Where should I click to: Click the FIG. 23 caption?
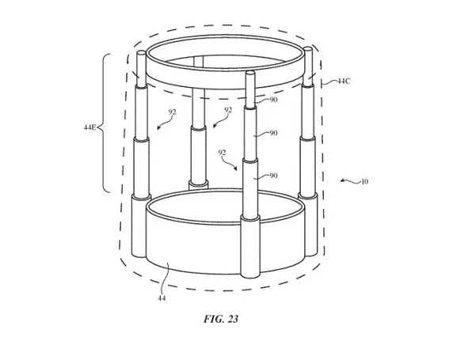pos(221,319)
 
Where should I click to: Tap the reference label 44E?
pos(89,127)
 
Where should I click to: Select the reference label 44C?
pos(344,81)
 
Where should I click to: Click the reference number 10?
pos(364,182)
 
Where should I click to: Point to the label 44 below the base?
pos(162,298)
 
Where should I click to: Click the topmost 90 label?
pos(273,100)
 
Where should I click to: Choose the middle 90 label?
pos(273,133)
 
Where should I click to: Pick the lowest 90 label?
pos(273,176)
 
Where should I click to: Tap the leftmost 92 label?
pos(172,112)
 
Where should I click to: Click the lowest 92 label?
pos(222,153)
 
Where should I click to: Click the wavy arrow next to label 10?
pos(350,181)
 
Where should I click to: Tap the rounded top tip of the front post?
pos(250,73)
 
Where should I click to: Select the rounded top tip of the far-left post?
pos(142,53)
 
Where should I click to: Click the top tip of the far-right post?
pos(308,49)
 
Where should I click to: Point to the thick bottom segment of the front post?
pos(250,248)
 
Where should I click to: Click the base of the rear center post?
pos(198,184)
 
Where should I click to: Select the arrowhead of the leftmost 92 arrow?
pos(158,128)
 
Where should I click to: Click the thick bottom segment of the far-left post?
pos(139,225)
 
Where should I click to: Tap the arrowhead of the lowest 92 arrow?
pos(236,169)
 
